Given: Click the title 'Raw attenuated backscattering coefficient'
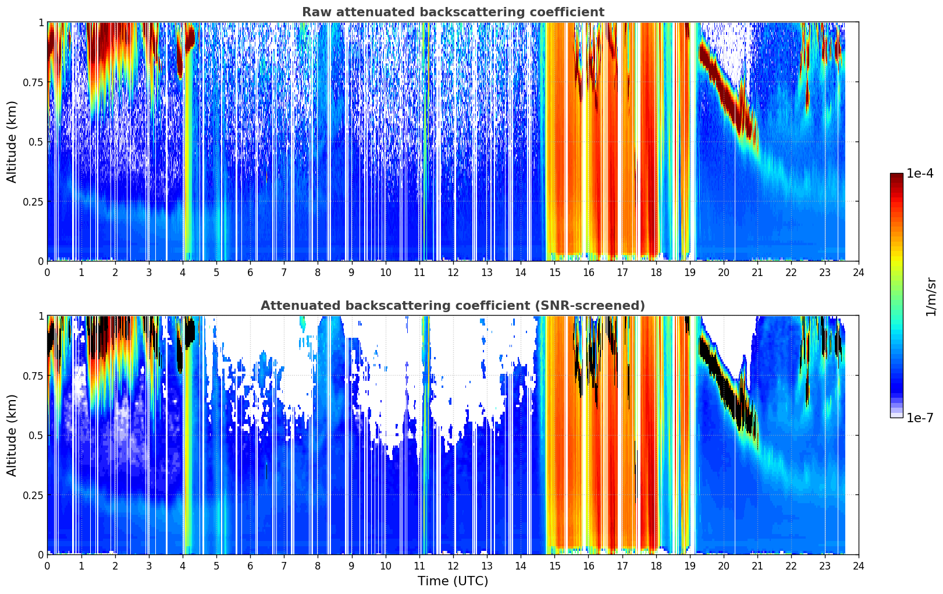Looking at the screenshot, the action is [x=453, y=12].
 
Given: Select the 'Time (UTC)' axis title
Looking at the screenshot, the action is [x=453, y=581].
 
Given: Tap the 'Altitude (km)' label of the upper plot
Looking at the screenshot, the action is [x=12, y=142].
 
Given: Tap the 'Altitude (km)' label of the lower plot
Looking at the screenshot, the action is [x=12, y=436].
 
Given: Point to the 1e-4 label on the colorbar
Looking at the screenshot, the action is [x=920, y=173].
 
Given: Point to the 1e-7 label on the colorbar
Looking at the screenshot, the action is [x=920, y=418].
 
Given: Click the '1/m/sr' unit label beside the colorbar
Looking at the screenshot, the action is [x=931, y=296].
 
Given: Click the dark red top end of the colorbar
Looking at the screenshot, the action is [x=896, y=175].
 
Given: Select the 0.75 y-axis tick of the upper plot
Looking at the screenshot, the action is [x=33, y=82].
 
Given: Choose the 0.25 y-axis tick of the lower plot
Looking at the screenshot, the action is [x=33, y=495].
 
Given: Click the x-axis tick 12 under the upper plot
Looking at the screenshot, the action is [x=453, y=272].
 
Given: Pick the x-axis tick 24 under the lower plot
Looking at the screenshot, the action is [x=859, y=566].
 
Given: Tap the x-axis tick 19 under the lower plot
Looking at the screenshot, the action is [x=689, y=566].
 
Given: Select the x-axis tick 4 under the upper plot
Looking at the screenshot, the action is [x=182, y=272].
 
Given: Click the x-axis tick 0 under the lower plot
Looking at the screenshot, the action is [x=47, y=566].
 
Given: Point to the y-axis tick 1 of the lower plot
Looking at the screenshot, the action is [x=41, y=316].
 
